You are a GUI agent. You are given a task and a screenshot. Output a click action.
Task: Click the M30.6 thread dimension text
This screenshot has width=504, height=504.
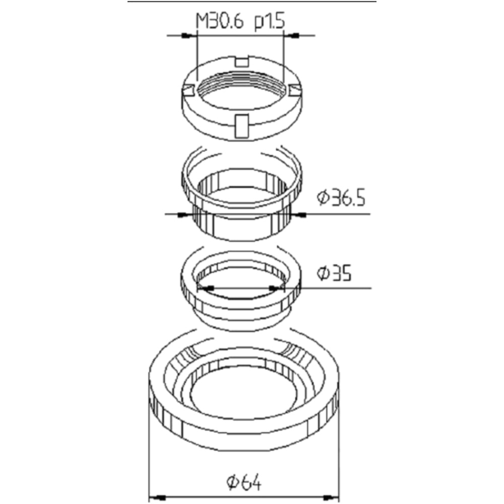[x=220, y=22]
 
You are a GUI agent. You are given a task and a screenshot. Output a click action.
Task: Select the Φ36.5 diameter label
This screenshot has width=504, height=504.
[x=341, y=198]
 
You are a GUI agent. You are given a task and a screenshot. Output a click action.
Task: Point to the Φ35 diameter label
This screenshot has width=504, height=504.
[x=334, y=273]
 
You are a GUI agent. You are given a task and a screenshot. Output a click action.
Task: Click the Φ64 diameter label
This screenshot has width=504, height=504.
[x=244, y=482]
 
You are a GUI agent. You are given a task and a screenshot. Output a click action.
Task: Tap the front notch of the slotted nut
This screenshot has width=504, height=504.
[x=242, y=125]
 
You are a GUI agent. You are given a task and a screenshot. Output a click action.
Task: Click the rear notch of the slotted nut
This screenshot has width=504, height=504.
[x=242, y=61]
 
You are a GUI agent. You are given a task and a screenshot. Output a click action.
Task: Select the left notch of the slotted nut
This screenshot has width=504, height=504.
[x=188, y=90]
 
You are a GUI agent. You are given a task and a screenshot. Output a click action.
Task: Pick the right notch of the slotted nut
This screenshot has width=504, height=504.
[x=295, y=90]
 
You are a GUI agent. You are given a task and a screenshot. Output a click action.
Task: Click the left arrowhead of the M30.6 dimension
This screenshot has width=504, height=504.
[x=188, y=35]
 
